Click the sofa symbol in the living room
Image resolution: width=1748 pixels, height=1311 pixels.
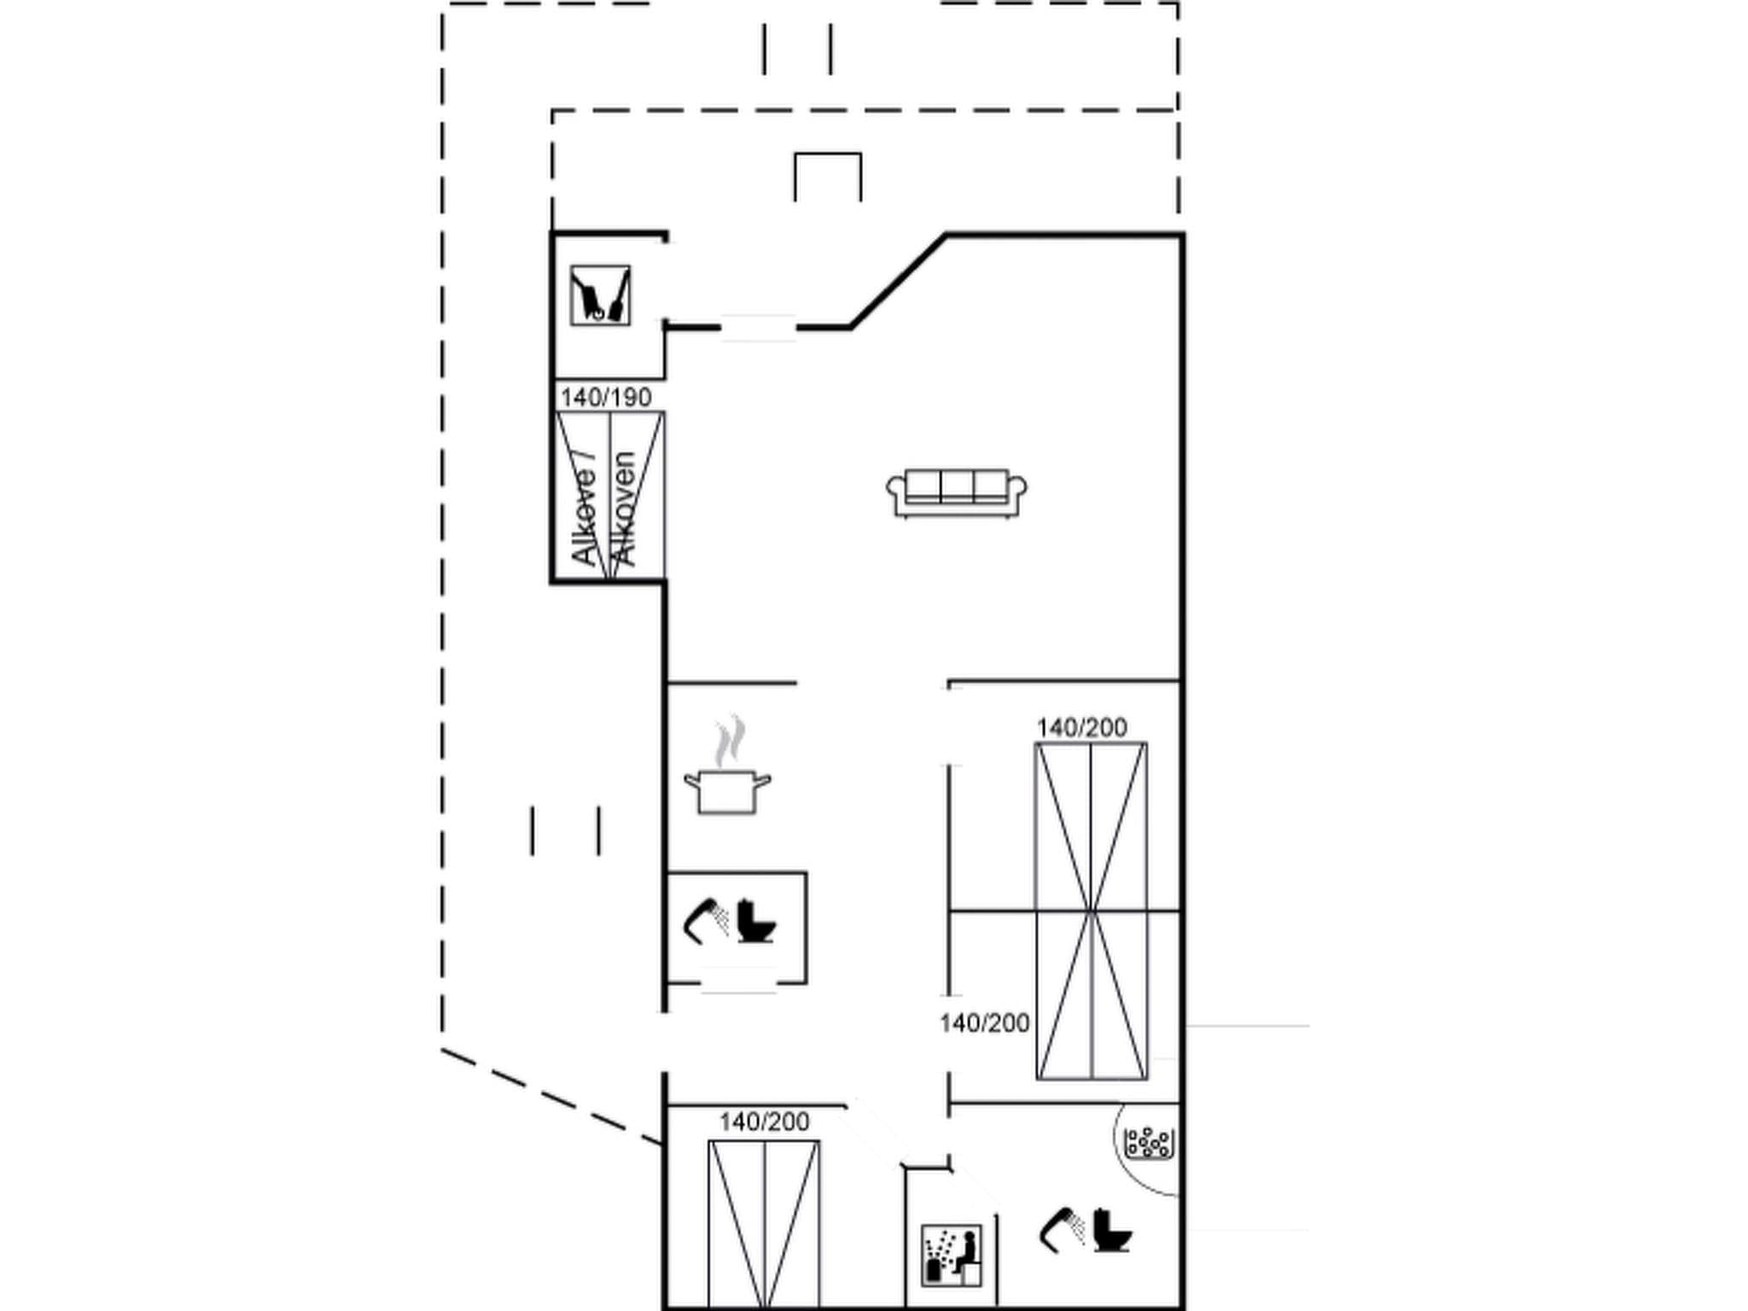(x=956, y=493)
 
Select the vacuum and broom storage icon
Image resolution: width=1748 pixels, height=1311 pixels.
(x=600, y=295)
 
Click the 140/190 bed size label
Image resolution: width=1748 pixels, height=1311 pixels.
(x=606, y=397)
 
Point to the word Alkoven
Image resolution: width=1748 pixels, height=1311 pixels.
(x=626, y=509)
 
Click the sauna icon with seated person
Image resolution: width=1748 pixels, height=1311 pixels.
(x=952, y=1255)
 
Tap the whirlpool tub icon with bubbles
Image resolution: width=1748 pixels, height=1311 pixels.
(x=1148, y=1144)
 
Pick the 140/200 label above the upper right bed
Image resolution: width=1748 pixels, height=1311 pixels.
(x=1081, y=727)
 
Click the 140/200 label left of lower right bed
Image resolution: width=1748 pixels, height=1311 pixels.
(x=984, y=1023)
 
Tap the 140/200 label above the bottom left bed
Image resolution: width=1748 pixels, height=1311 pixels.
(x=764, y=1122)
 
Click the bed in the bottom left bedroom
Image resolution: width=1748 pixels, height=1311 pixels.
(x=764, y=1221)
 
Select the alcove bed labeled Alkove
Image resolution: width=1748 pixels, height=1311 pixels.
(x=609, y=495)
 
